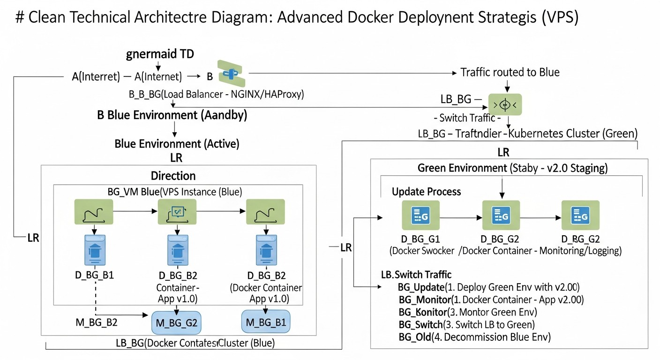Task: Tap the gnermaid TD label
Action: (x=160, y=54)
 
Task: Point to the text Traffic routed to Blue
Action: (x=510, y=73)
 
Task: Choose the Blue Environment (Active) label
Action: (x=177, y=144)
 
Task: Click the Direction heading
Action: (x=173, y=176)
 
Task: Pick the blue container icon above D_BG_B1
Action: (x=95, y=248)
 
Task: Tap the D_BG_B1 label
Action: (x=95, y=275)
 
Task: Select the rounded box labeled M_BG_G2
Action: (x=176, y=322)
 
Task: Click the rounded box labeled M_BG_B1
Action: (x=265, y=322)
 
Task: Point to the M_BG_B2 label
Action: (x=96, y=322)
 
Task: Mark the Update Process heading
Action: (x=427, y=192)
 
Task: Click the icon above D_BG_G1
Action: (x=420, y=216)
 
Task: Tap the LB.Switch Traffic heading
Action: (x=416, y=275)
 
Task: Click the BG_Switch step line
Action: (x=467, y=324)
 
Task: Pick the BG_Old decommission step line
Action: (x=474, y=337)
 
